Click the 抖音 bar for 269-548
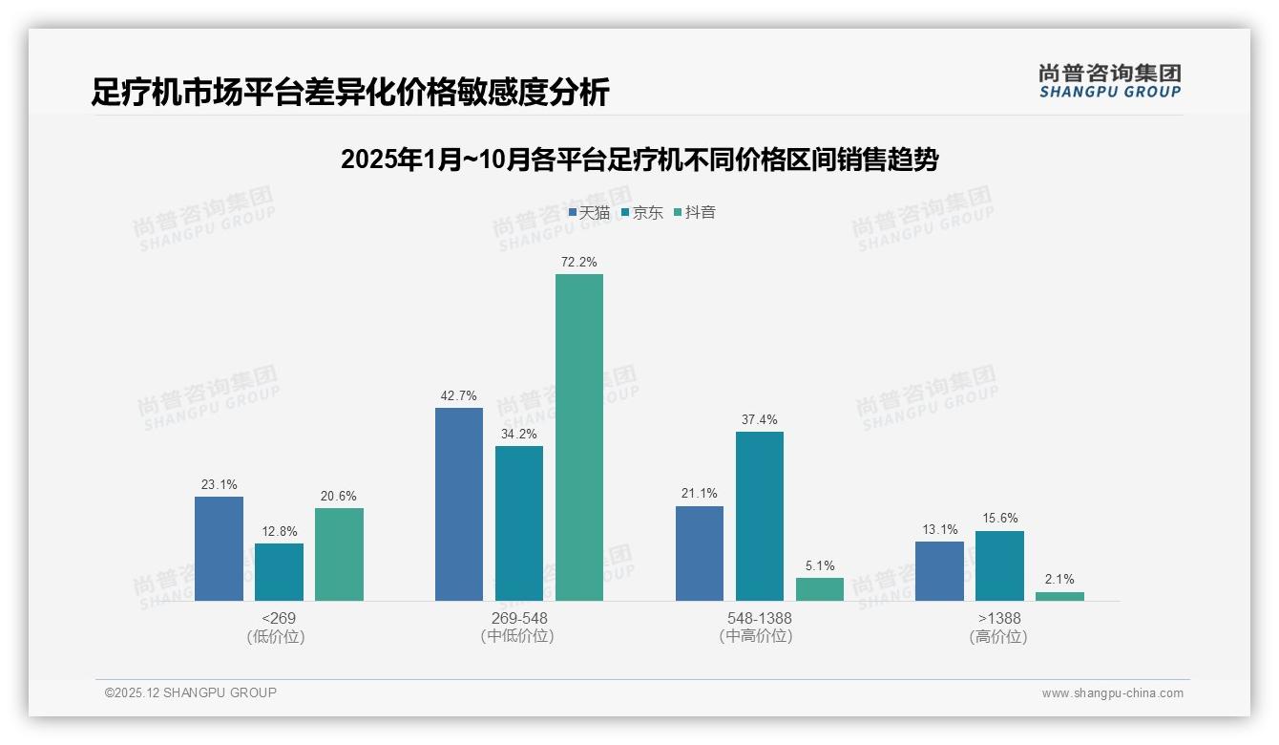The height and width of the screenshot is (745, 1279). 579,437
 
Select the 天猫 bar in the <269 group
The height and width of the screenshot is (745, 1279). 219,548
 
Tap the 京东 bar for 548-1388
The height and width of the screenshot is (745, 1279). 760,516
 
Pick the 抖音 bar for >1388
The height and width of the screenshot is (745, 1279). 1059,596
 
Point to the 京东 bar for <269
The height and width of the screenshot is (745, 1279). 279,571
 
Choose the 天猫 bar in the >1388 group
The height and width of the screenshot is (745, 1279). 939,570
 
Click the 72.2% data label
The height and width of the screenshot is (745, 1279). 579,262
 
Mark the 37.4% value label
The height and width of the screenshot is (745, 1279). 760,419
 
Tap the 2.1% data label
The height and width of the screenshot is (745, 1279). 1059,579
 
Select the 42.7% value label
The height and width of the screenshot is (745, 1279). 459,395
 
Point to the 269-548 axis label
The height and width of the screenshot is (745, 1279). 519,618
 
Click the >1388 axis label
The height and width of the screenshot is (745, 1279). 998,618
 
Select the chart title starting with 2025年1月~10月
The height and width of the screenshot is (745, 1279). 639,160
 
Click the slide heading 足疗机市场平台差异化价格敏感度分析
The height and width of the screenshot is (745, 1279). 350,92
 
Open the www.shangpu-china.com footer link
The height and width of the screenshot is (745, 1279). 1112,693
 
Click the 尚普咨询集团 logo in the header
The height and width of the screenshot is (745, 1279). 1110,80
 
